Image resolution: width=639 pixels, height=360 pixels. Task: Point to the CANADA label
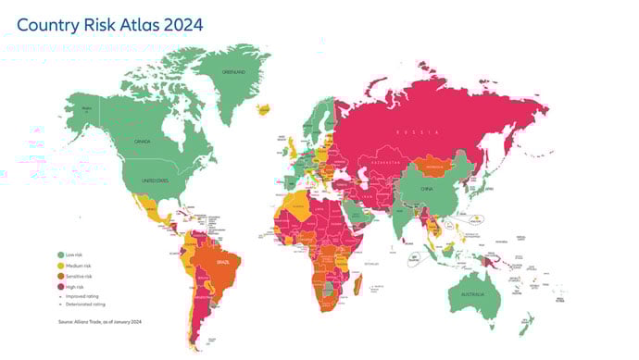[x=142, y=142]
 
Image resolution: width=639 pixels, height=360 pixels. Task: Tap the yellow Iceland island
[x=264, y=109]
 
